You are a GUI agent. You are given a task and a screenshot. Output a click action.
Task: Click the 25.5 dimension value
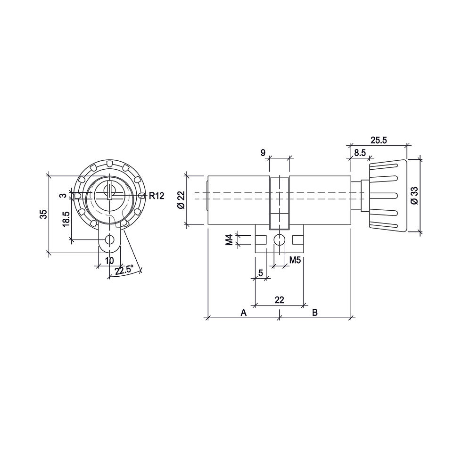point(378,140)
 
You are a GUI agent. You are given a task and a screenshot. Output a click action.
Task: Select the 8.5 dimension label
point(360,153)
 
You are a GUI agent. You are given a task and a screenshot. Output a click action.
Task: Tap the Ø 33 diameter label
point(414,196)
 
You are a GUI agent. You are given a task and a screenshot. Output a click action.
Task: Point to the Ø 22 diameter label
point(181,200)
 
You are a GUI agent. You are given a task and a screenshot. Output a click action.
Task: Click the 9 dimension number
point(263,153)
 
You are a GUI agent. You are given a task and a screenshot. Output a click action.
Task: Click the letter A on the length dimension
point(243,312)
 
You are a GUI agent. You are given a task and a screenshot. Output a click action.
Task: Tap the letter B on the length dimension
point(315,312)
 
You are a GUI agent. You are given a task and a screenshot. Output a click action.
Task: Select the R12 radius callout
point(157,196)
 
